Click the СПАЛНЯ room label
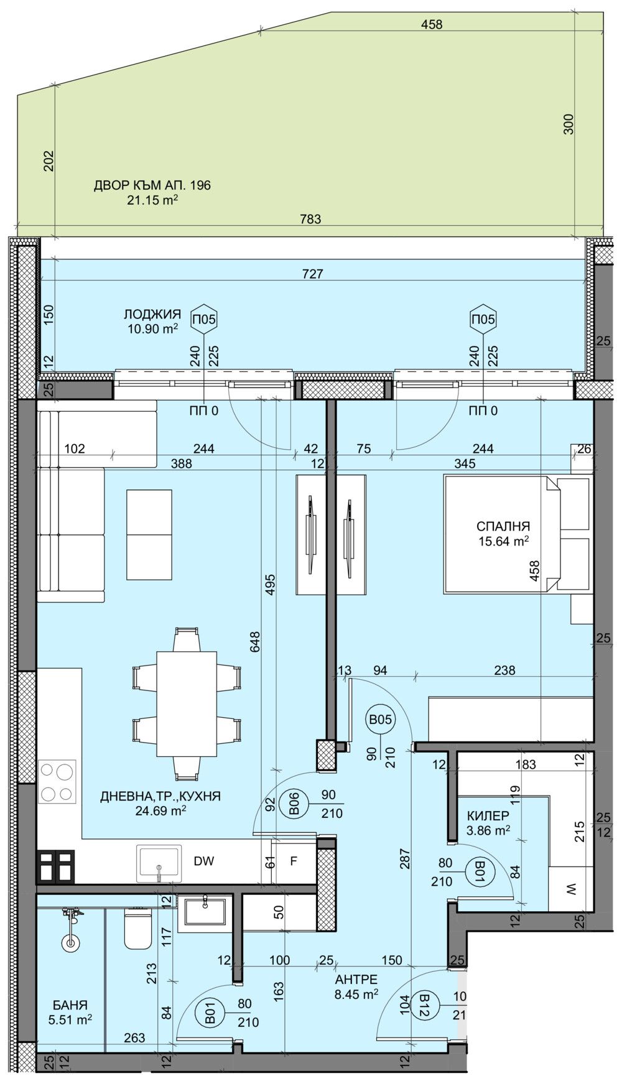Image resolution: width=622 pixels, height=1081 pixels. pos(503,526)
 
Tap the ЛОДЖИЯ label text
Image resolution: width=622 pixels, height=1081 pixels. pos(152,315)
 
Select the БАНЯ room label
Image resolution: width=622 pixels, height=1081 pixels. pos(70,1004)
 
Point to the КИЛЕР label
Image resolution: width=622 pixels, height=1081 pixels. pos(488,815)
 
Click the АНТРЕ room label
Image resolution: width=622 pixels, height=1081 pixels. pos(356,980)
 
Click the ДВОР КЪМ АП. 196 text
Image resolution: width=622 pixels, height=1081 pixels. pos(152,185)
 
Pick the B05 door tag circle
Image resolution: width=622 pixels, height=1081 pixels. pos(380,720)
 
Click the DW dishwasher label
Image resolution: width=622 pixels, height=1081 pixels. pos(204,861)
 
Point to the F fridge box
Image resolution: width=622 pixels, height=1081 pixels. pos(294,862)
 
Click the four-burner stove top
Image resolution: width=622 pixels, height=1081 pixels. pos(57,781)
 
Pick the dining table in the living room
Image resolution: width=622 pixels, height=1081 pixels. pos(187,703)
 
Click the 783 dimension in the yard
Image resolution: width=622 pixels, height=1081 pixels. pos(310,219)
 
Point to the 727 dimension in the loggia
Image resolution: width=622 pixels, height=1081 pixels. pos(313,273)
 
